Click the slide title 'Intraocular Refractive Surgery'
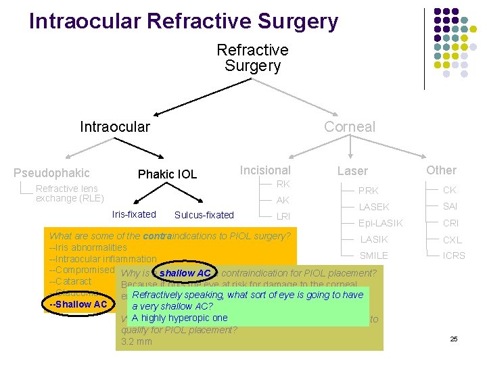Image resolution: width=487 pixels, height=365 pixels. coord(183,21)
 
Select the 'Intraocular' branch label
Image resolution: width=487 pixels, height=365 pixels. coord(115,126)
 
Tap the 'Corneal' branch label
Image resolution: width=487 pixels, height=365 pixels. coord(349,126)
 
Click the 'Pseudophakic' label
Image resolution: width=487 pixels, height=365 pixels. coord(51,173)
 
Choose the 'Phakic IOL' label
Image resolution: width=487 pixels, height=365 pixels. coord(167,174)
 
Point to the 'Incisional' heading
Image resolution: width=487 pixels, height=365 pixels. coord(265,170)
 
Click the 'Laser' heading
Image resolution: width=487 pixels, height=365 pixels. coord(352,171)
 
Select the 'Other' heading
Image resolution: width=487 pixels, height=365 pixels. coord(441,170)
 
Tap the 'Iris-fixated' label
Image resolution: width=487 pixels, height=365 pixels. coord(134,214)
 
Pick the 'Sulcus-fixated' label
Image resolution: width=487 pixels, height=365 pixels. coord(204,215)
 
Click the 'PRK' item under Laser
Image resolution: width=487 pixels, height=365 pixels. coord(369,191)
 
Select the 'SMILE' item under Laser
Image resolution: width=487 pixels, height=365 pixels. coord(373,255)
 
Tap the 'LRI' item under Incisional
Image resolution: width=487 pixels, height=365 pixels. coord(283,216)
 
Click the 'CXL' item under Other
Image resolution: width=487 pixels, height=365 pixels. coord(452,239)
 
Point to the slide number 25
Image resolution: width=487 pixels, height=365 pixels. coord(454,338)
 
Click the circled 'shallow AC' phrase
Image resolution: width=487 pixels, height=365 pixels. coord(185,273)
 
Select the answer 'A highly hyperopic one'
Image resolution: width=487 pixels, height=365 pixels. coord(179,318)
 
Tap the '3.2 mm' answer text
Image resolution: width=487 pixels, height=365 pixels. coord(136,342)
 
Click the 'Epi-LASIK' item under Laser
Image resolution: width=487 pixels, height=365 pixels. coord(380,223)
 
